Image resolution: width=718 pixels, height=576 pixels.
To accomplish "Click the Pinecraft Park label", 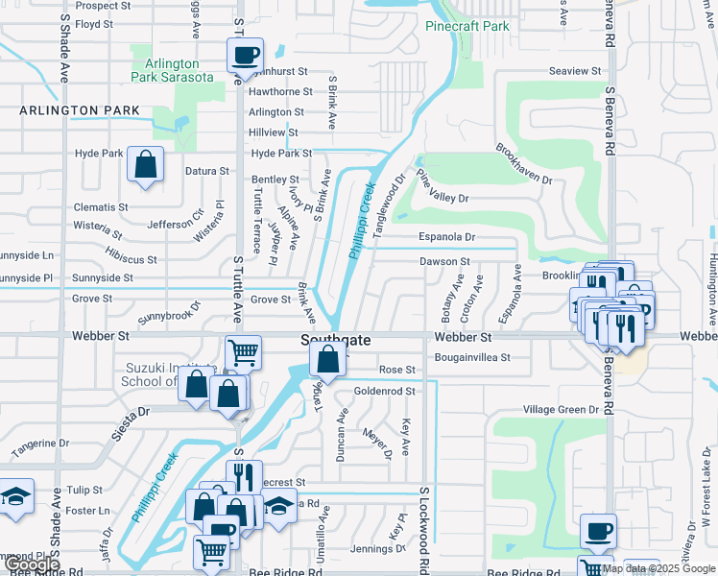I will (467, 26).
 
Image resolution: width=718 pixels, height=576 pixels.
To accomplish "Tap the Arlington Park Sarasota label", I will (166, 70).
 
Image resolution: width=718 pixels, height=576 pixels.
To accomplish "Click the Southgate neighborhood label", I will (335, 340).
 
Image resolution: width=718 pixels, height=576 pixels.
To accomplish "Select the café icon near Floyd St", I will (245, 55).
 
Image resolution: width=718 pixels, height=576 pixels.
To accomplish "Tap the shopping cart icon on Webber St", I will (244, 352).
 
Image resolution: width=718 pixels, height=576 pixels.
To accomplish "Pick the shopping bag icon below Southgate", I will (328, 361).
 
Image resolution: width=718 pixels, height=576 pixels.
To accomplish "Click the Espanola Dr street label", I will (446, 236).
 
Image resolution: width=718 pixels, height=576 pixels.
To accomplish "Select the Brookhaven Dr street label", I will (524, 165).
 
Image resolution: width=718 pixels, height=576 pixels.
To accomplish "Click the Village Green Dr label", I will (561, 409).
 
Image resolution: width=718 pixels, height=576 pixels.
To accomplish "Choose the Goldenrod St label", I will (384, 391).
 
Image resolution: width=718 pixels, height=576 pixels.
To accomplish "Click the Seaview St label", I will (574, 71).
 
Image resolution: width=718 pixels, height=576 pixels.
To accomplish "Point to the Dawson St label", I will (444, 261).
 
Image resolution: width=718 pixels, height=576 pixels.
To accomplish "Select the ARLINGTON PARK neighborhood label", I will (80, 111).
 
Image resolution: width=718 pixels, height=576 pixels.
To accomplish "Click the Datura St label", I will (207, 171).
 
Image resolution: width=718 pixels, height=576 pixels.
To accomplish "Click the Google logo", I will (32, 565).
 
